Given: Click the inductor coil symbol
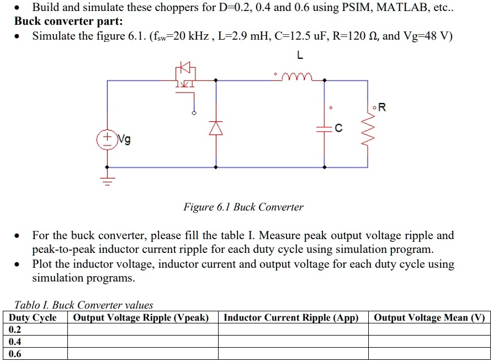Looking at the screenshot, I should point(299,76).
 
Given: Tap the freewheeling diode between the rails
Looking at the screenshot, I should point(215,128).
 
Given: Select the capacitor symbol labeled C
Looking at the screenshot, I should point(324,128).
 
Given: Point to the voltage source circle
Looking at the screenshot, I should point(106,139).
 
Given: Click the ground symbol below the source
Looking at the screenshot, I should point(107,180).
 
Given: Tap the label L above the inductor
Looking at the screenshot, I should point(300,56).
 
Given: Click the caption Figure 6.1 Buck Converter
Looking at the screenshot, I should point(243,207).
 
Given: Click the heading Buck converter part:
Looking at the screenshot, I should point(69,22).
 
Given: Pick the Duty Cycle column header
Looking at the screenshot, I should point(33,317).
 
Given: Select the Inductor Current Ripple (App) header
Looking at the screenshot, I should point(291,317).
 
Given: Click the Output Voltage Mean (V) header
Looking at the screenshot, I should point(429,317).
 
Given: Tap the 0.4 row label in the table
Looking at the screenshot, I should point(15,342).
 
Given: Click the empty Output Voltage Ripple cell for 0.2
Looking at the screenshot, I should point(142,329).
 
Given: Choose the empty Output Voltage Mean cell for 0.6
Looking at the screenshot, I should point(429,354).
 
